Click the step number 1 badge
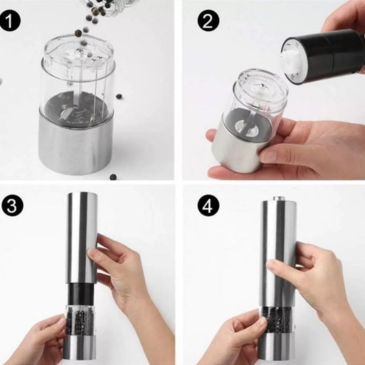tap(10, 21)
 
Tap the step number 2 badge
tap(208, 21)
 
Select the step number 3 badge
tap(12, 205)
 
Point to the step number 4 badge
tap(208, 205)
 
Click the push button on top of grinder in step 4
tap(279, 199)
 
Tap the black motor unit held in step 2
tap(323, 56)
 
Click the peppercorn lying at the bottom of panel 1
tap(113, 177)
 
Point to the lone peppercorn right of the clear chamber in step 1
tap(119, 96)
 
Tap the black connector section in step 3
tap(81, 294)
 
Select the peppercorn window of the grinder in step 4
tap(277, 320)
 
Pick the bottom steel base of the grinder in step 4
tap(277, 347)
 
